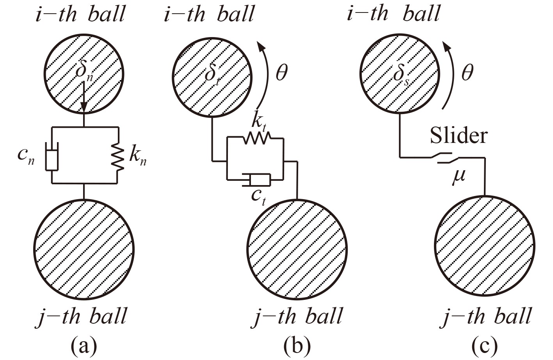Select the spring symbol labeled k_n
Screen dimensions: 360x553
click(117, 156)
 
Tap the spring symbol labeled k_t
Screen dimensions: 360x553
click(256, 138)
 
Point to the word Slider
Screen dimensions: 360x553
click(459, 136)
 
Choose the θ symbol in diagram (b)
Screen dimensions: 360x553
click(281, 74)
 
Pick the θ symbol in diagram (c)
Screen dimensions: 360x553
click(467, 73)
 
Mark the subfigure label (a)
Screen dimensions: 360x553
click(84, 346)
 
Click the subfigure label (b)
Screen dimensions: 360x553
click(297, 346)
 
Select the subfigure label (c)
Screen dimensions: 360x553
click(485, 346)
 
